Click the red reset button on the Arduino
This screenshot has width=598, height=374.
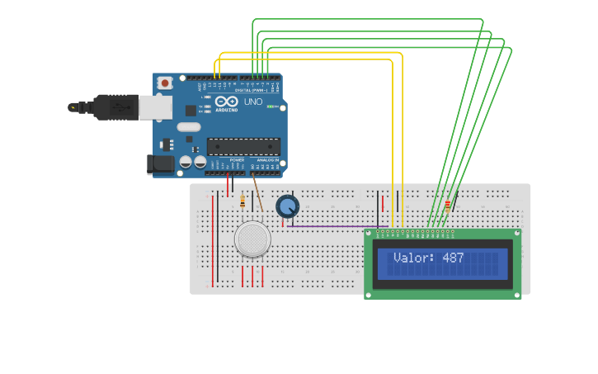165,83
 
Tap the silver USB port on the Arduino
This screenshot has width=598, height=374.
156,107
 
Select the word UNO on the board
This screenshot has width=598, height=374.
253,102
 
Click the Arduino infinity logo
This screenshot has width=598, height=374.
226,101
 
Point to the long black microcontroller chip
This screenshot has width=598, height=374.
243,147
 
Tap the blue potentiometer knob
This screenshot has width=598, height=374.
287,206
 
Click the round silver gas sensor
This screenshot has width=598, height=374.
252,239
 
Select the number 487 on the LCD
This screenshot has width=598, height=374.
453,258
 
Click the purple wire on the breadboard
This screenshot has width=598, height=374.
338,225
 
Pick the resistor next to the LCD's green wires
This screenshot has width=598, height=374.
448,206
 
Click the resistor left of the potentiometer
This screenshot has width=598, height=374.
242,201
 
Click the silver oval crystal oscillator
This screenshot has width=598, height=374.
188,127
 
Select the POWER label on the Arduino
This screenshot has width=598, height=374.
237,160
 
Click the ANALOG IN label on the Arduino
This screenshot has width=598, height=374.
268,160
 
